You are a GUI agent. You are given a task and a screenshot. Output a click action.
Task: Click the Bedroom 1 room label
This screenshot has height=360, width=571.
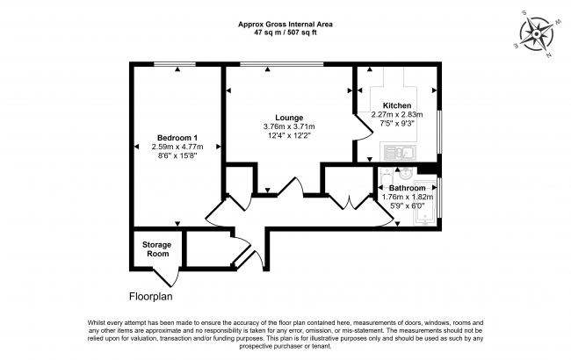click(177, 138)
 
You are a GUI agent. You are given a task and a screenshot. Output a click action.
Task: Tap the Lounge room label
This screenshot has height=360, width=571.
click(289, 118)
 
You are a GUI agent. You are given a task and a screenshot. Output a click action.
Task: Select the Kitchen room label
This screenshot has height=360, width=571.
click(397, 105)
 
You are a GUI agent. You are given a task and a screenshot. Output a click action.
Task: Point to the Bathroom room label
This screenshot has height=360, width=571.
click(407, 188)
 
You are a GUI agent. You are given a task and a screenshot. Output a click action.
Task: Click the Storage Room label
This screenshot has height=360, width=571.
click(157, 249)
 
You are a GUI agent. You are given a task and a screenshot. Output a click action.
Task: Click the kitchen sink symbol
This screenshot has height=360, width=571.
click(400, 153)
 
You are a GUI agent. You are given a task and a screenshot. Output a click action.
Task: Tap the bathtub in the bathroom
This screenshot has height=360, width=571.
click(425, 202)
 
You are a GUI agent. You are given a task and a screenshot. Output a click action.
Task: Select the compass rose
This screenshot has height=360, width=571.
click(537, 34)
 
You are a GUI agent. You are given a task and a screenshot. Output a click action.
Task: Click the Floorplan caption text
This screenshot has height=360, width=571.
click(151, 297)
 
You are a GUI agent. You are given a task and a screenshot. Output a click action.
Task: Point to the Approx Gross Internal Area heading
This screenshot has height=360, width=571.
click(285, 25)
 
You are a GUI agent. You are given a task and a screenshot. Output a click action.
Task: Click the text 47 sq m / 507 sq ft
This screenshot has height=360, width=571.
click(285, 32)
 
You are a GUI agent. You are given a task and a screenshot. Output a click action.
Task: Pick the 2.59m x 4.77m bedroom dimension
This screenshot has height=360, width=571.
click(177, 147)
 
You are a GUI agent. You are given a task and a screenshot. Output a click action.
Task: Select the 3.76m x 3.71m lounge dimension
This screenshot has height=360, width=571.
click(289, 126)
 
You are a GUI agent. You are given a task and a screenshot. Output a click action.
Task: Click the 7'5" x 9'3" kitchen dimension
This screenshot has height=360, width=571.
click(397, 124)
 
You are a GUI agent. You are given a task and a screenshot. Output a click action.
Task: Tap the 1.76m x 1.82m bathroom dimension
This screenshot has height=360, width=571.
click(407, 198)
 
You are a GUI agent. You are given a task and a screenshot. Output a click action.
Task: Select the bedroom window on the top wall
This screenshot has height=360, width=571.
click(175, 64)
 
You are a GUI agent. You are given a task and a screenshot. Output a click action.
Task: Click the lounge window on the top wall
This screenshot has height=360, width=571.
click(281, 64)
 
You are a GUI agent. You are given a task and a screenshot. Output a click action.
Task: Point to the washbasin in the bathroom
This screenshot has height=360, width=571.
click(405, 174)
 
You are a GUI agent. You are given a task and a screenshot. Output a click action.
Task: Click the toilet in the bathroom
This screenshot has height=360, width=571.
click(386, 178)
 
